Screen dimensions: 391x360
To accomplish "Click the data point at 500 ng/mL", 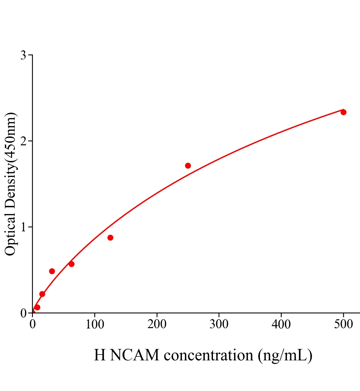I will (343, 112).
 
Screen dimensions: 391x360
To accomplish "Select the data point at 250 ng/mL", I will (188, 166).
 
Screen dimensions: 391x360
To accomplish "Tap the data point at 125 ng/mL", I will (110, 238).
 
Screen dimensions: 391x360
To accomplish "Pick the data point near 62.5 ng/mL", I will (71, 264).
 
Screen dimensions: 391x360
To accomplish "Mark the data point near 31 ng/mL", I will (52, 271).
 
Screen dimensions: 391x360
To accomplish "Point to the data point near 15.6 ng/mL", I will (42, 294).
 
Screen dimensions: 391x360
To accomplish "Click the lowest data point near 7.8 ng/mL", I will (37, 307).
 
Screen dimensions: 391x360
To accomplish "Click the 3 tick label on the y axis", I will (23, 55).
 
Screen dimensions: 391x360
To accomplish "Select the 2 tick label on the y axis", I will (23, 141).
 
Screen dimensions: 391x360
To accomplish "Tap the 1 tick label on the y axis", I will (23, 227).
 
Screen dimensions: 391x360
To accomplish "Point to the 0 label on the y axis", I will (23, 313).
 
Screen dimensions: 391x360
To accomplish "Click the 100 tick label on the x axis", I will (95, 325).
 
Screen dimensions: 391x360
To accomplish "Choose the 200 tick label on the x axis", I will (157, 325).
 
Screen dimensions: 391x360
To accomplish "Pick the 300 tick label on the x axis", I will (219, 325).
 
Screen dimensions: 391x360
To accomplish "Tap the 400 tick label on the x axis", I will (281, 325).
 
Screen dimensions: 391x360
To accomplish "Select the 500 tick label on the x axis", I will (343, 325).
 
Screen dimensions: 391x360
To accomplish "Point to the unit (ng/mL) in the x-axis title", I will (285, 355).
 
